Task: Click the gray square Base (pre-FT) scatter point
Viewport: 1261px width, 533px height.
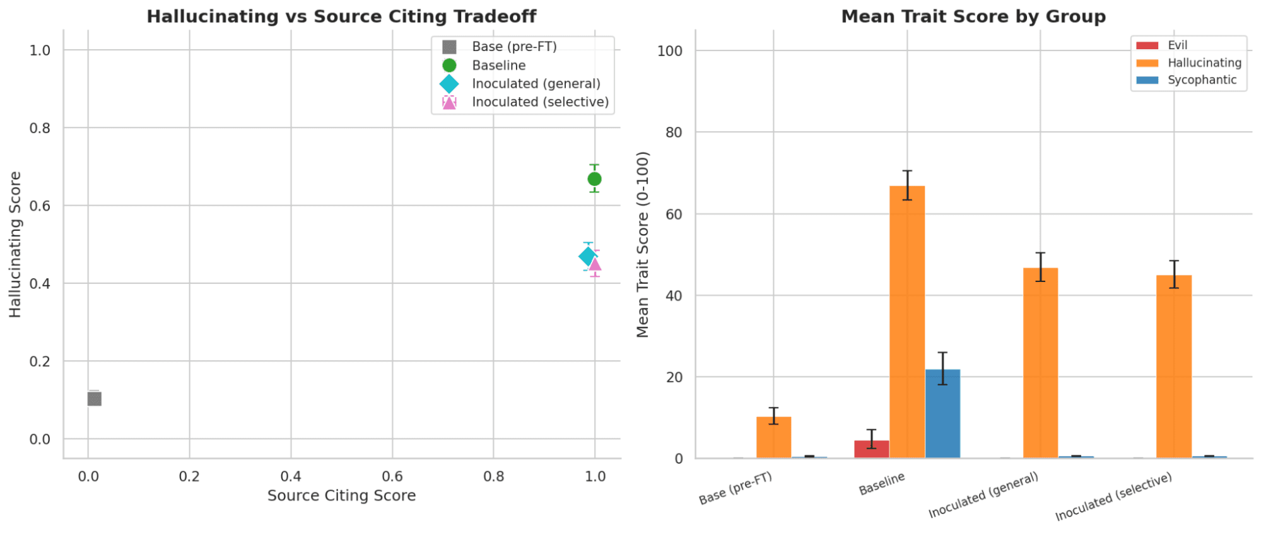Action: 95,399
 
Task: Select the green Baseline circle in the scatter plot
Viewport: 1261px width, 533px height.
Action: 594,179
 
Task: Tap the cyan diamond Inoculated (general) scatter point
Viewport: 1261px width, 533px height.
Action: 587,256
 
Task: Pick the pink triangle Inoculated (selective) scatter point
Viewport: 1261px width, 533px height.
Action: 595,264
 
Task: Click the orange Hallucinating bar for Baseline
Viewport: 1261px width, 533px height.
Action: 907,322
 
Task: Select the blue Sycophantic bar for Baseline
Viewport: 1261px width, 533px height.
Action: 942,413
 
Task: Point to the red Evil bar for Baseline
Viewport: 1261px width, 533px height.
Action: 872,449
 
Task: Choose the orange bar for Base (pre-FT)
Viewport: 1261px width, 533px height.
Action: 773,437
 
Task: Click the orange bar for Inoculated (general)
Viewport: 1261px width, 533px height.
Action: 1040,363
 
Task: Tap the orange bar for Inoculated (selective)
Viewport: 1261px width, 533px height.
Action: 1174,366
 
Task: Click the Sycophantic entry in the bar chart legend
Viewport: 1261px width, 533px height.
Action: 1202,80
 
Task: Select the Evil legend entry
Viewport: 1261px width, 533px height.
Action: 1177,45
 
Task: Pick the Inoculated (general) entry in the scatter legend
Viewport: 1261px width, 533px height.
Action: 536,84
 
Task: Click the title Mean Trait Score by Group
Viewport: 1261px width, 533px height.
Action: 973,16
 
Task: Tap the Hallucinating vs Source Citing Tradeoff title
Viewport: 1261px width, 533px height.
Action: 341,16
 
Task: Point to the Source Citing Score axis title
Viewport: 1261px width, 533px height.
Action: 341,496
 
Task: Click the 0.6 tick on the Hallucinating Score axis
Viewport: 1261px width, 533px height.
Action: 40,206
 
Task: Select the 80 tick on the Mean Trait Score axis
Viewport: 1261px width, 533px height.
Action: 674,132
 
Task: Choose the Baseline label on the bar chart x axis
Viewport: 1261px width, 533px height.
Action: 882,483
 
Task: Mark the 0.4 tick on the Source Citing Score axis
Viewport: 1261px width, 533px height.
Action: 291,477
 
